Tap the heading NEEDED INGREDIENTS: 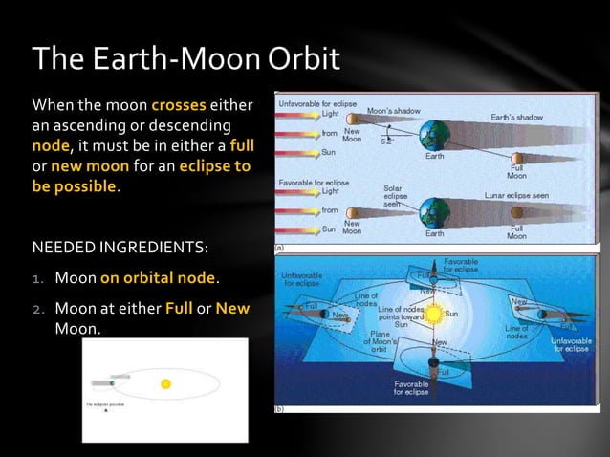point(120,249)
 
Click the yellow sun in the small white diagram point(165,383)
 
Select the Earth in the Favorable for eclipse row point(435,209)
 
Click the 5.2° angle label point(386,141)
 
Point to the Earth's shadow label point(516,117)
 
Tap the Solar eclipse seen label point(395,196)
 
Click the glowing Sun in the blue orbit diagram point(435,313)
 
